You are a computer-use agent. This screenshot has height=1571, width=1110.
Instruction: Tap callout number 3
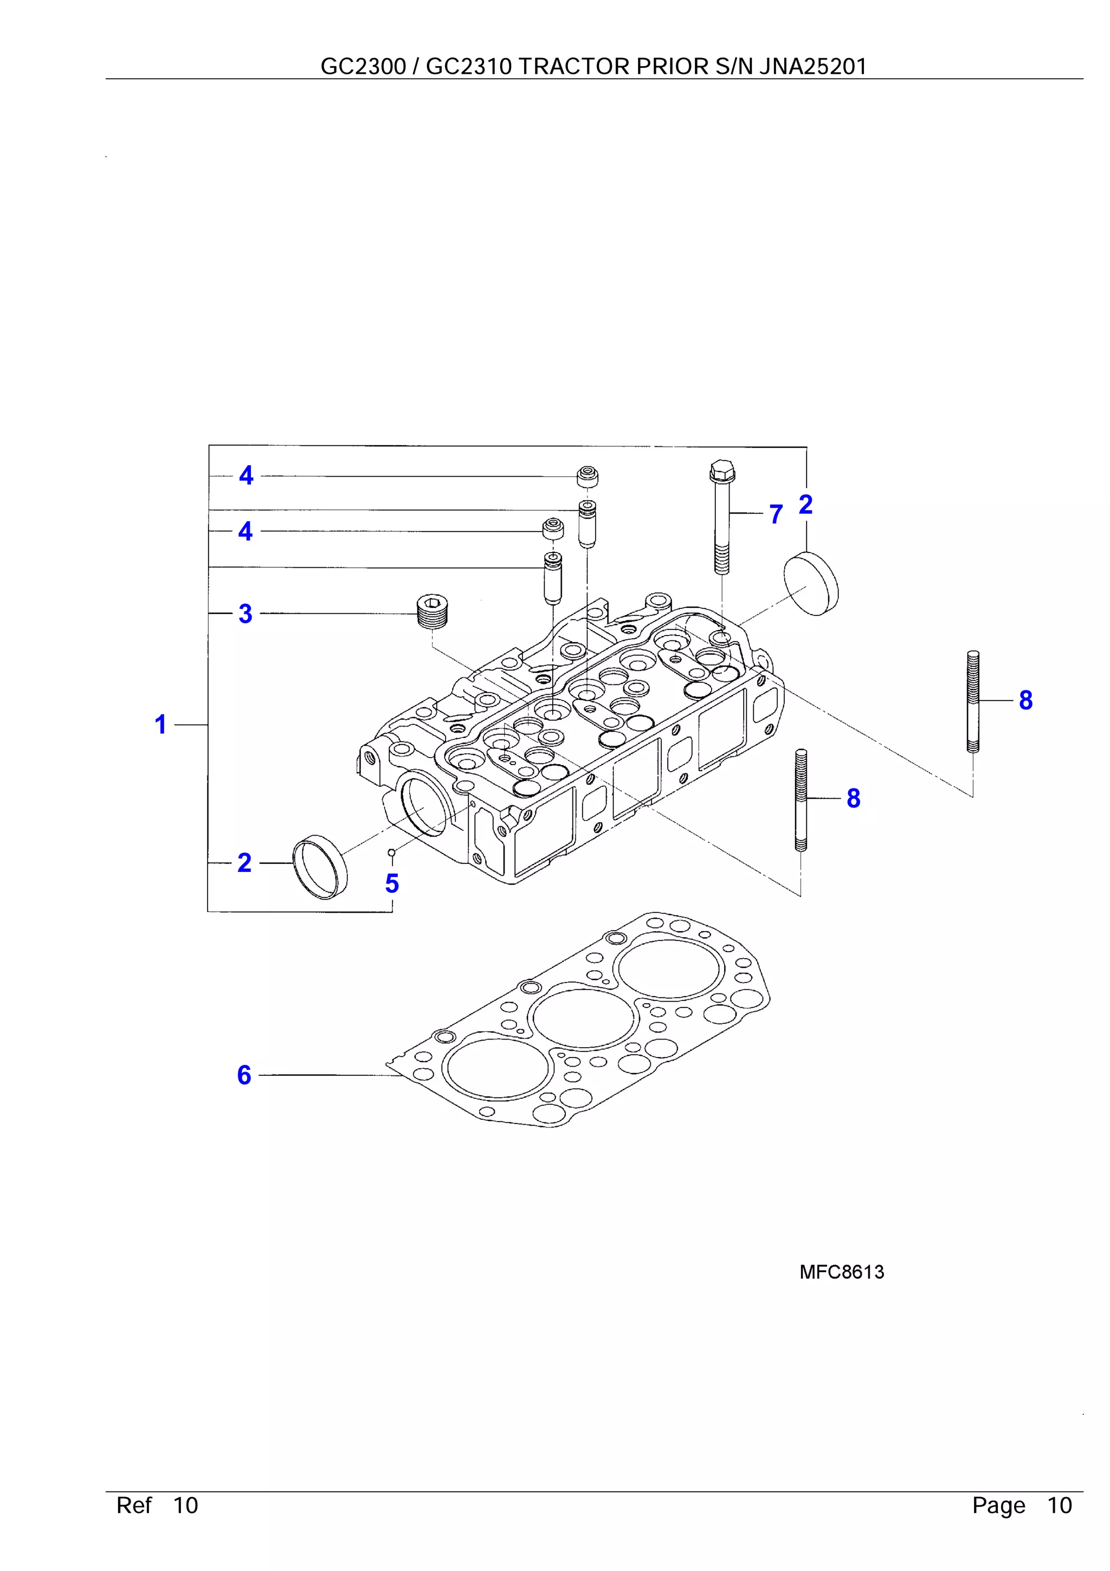click(246, 614)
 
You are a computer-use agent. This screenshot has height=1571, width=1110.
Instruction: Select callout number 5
click(392, 883)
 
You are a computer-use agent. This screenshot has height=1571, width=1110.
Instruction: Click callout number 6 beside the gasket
click(244, 1075)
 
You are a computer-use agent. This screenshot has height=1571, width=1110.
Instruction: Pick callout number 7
click(776, 514)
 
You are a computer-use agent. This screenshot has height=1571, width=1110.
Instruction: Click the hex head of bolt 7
click(720, 470)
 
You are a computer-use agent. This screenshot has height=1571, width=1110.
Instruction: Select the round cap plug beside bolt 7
click(811, 583)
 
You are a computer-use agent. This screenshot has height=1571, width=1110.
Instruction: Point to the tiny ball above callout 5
click(391, 852)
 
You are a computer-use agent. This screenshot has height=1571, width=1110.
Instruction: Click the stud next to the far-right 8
click(974, 701)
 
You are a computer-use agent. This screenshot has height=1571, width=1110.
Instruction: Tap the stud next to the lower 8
click(802, 800)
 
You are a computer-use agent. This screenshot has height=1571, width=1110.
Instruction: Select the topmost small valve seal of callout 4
click(588, 476)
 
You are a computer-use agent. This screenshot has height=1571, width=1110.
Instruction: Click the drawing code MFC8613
click(841, 1272)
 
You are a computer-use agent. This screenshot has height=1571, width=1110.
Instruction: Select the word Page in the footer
click(998, 1505)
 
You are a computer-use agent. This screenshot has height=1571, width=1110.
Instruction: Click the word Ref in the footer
click(134, 1505)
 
